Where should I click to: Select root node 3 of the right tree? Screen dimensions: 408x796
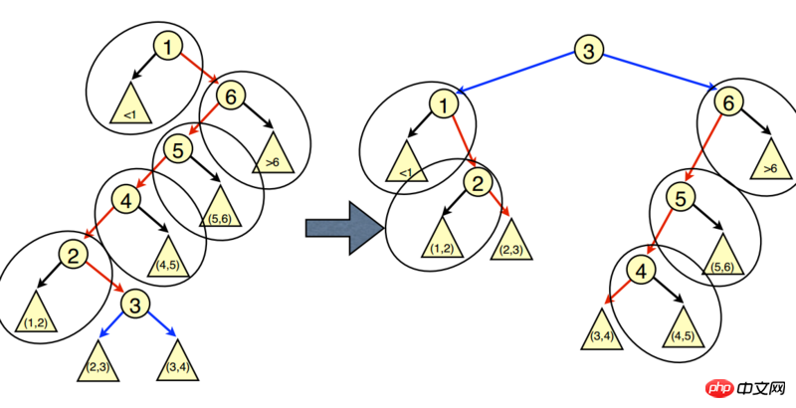[589, 50]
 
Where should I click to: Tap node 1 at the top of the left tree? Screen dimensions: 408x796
[168, 46]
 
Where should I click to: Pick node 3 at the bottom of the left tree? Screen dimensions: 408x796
[138, 303]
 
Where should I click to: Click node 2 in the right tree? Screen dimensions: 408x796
[478, 181]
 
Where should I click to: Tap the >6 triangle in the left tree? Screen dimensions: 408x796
[273, 156]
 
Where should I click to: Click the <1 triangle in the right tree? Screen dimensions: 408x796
[405, 165]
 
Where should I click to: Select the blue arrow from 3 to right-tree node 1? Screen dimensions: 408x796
[517, 73]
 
